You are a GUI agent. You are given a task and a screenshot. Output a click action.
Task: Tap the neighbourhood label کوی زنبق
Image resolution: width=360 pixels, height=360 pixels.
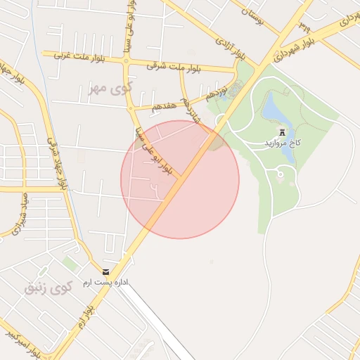(x=49, y=288)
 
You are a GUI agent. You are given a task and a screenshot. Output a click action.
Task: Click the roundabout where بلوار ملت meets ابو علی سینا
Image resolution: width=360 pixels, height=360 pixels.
(x=127, y=61)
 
